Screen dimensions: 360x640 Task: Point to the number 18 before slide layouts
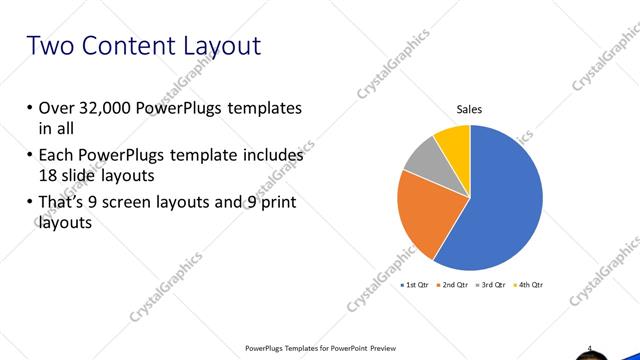tap(49, 174)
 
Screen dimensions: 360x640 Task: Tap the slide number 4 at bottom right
tap(590, 348)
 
